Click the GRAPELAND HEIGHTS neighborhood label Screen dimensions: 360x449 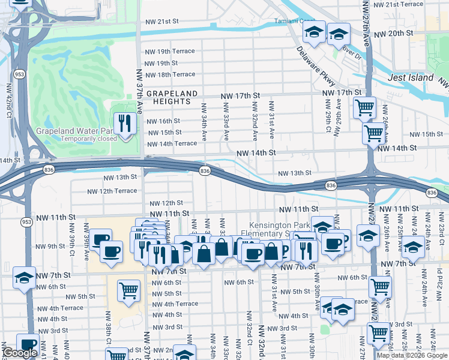(172, 98)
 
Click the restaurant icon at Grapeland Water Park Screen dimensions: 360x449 (125, 124)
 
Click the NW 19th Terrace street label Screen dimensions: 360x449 (170, 51)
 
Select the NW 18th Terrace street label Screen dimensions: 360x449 (170, 74)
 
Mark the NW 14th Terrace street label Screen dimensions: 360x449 (172, 143)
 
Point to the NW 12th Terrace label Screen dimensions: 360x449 (112, 191)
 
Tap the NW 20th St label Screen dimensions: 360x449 (392, 33)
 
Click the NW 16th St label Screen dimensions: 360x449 (163, 121)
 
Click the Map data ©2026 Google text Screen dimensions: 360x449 (412, 355)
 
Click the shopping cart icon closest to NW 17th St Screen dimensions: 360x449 (364, 109)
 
